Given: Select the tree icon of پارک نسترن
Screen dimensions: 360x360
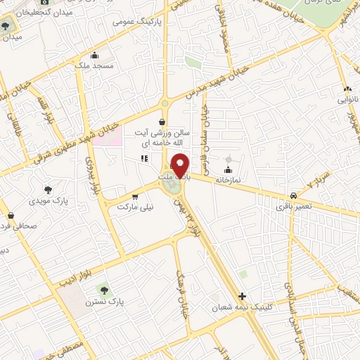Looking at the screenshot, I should pos(104,288).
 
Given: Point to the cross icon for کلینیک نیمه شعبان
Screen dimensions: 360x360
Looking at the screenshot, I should pos(243,296).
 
